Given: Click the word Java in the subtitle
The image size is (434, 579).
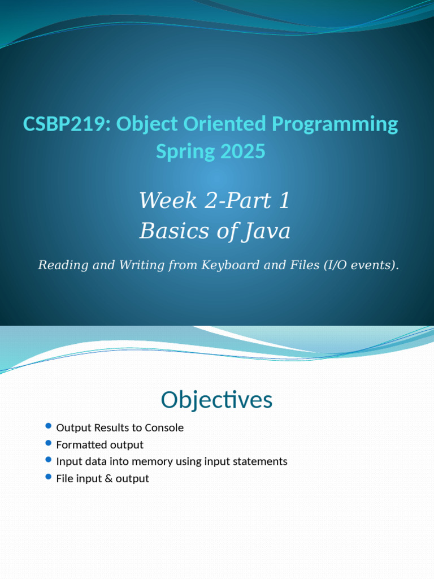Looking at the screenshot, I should [267, 231].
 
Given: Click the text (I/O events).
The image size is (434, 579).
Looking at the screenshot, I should [362, 265].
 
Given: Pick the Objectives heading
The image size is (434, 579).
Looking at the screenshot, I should [216, 400].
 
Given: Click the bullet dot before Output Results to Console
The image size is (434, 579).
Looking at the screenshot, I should [48, 426].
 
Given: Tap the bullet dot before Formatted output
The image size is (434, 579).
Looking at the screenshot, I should [48, 443].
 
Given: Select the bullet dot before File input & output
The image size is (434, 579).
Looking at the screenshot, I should [48, 477].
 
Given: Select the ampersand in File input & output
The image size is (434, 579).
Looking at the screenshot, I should [108, 478].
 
